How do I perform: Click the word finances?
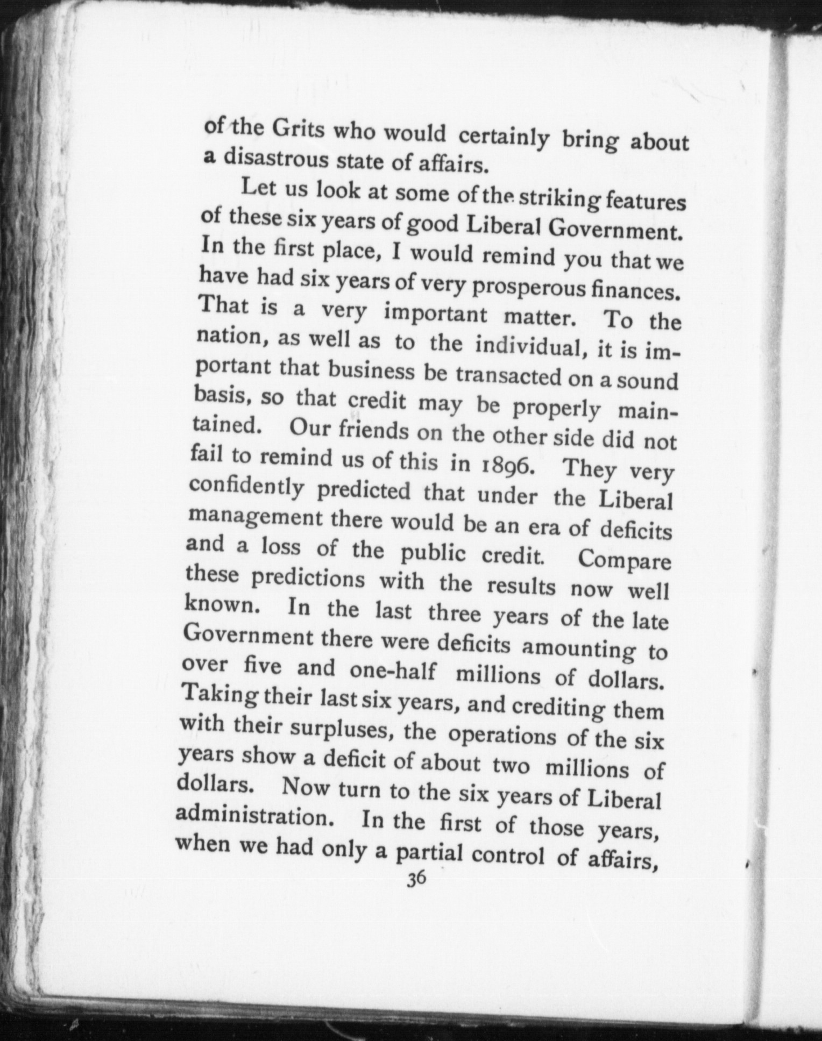pyautogui.click(x=639, y=292)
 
